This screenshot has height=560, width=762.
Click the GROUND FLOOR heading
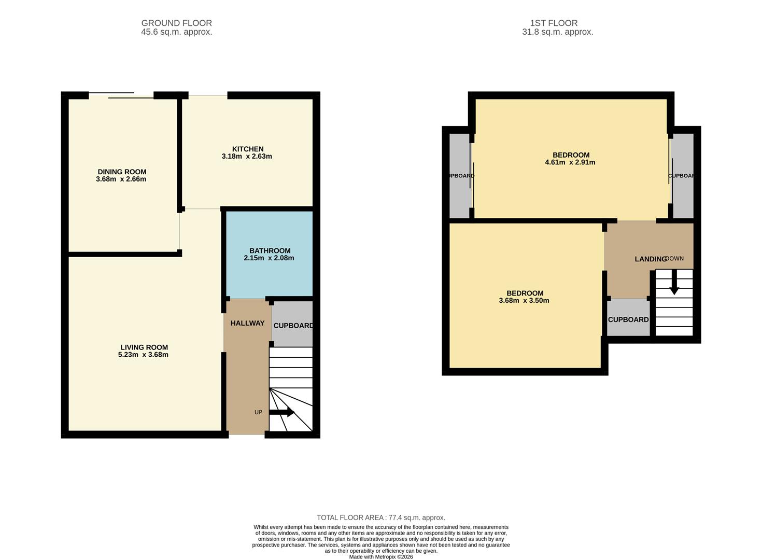(x=176, y=23)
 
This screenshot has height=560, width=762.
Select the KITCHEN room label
(x=248, y=149)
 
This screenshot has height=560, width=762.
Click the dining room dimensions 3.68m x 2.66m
(x=121, y=179)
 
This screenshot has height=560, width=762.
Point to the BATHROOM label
(x=270, y=250)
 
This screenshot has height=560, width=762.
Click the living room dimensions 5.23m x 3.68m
(x=143, y=355)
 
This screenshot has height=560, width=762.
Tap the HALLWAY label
(x=247, y=323)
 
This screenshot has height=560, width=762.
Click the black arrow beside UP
(x=282, y=412)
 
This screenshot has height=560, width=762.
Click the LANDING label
(x=650, y=259)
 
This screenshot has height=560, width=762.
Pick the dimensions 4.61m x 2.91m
(x=570, y=162)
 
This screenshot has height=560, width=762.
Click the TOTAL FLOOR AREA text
(x=381, y=517)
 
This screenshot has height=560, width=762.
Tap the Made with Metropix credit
(x=381, y=557)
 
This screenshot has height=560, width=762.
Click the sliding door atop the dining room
(x=121, y=95)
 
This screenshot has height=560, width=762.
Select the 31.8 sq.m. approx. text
(x=557, y=32)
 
